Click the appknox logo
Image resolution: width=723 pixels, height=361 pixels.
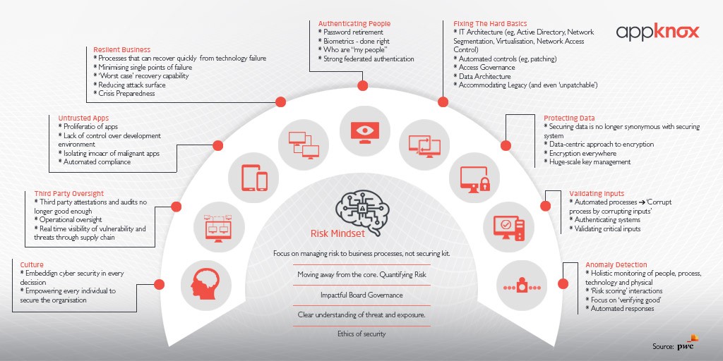[x=657, y=31]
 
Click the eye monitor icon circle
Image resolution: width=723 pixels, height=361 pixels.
[x=361, y=130]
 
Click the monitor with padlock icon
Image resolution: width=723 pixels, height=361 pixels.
[x=474, y=179]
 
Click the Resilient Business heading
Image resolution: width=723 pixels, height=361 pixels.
[x=121, y=50]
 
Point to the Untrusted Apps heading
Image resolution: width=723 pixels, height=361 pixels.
[x=83, y=118]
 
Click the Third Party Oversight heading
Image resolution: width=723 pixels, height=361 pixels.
[x=68, y=193]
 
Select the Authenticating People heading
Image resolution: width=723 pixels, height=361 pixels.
[x=354, y=24]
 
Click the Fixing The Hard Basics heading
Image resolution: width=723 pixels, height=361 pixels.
[x=490, y=24]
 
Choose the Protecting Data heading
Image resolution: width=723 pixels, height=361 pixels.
[x=569, y=118]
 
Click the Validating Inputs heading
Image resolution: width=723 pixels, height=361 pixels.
[x=597, y=193]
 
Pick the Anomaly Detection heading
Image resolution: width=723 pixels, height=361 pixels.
[x=616, y=265]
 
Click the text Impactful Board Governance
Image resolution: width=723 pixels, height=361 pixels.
[x=361, y=295]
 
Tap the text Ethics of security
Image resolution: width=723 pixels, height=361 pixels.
[x=361, y=334]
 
